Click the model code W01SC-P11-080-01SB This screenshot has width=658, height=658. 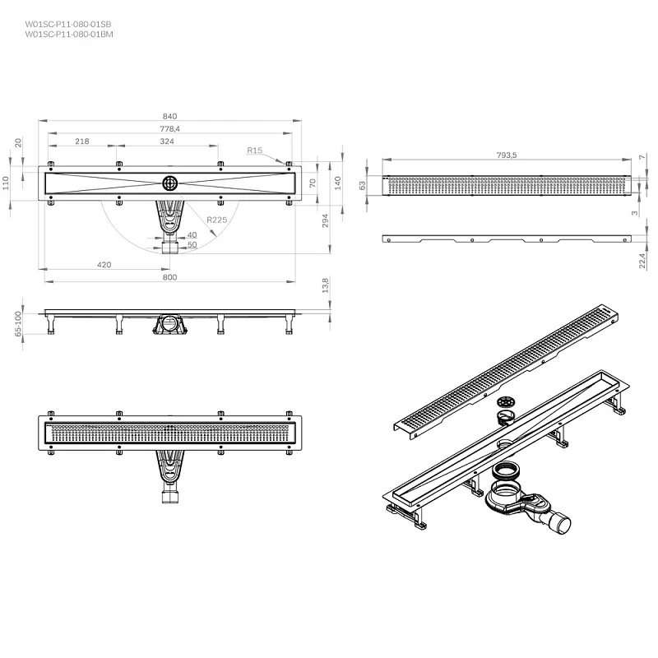tap(68, 25)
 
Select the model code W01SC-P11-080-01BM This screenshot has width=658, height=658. tap(69, 35)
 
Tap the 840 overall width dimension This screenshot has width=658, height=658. tap(170, 116)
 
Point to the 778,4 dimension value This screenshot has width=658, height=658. tap(169, 129)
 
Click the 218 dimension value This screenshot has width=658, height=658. tap(82, 141)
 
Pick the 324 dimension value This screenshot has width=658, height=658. tap(167, 141)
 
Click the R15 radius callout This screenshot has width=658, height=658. tap(255, 151)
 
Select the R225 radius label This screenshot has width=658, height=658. tap(217, 220)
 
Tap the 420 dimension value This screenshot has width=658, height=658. tap(104, 265)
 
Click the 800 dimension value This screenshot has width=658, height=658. tap(169, 277)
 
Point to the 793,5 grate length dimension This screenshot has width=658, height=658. tap(507, 155)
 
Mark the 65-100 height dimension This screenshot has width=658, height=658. tap(18, 323)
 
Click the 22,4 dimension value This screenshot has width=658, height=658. tap(642, 261)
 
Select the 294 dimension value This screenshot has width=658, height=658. tap(325, 220)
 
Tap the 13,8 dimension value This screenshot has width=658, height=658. tap(325, 285)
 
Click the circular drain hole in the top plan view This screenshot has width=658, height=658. tap(170, 183)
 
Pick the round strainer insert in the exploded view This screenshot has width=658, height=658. tap(506, 402)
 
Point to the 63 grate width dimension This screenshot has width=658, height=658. tap(363, 185)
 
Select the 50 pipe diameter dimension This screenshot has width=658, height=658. tap(192, 245)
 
